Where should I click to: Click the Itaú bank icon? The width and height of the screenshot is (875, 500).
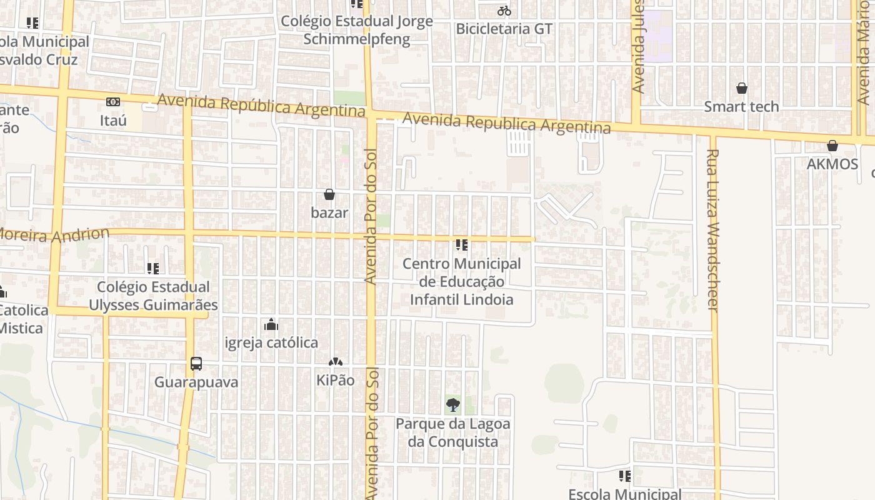113,101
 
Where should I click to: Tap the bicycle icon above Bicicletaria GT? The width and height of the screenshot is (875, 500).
504,11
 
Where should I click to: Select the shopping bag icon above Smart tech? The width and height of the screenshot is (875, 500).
741,88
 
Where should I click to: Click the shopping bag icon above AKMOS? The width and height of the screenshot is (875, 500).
832,146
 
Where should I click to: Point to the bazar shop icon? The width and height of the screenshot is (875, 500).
329,194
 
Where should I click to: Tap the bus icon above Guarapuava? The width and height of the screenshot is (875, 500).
196,363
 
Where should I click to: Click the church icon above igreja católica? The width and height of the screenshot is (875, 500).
271,324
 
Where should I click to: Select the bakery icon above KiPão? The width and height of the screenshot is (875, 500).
336,362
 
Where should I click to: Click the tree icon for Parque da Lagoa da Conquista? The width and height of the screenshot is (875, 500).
453,405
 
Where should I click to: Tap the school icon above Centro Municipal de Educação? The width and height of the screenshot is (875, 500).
462,245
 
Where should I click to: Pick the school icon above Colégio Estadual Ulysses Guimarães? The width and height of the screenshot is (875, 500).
153,269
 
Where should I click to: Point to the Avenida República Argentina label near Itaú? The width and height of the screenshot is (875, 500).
261,105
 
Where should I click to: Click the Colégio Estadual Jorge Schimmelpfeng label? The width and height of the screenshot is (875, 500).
357,30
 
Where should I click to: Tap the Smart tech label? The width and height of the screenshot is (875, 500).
741,107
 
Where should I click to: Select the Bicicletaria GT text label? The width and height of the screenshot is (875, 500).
504,29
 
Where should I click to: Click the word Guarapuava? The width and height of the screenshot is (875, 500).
196,382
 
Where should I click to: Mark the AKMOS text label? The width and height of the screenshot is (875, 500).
832,164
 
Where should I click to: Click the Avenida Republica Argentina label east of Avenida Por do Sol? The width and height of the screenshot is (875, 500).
506,122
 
